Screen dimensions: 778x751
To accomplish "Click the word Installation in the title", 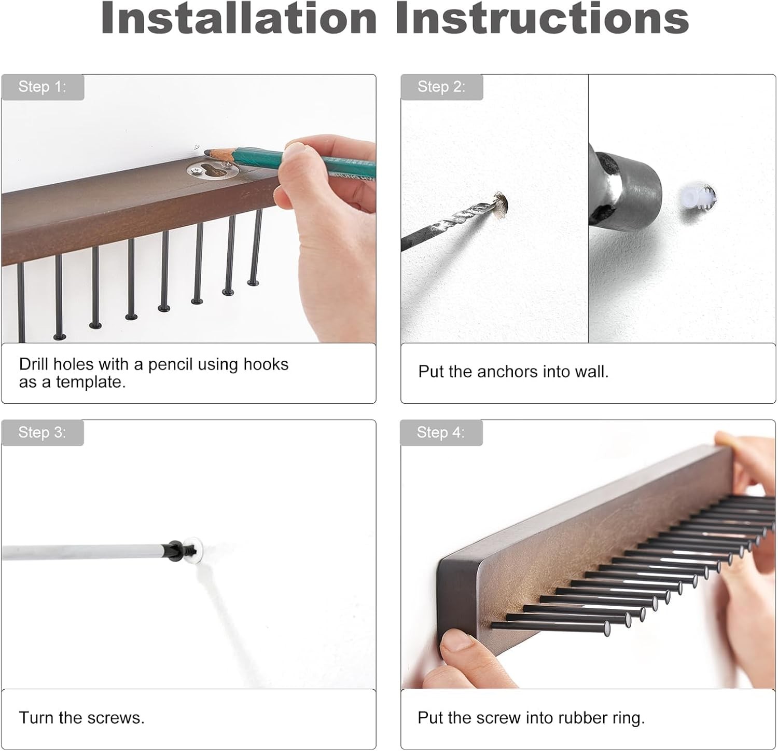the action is click(x=239, y=18).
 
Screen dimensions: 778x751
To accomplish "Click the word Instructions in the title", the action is click(x=541, y=18).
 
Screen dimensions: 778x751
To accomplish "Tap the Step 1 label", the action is click(x=43, y=87).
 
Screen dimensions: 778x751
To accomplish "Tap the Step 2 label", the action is click(x=441, y=87).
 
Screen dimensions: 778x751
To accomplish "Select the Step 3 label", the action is click(x=43, y=432).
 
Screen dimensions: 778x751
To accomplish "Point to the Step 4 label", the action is click(x=441, y=432).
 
